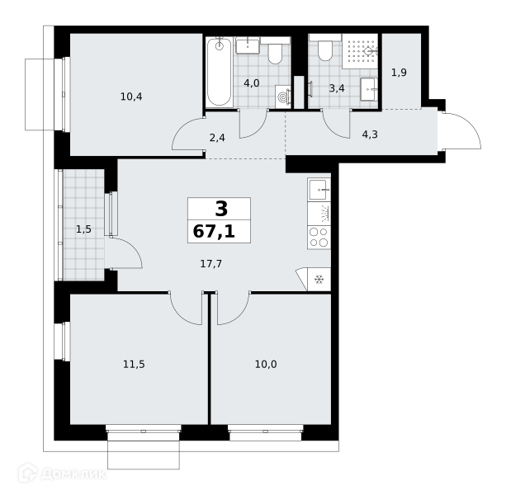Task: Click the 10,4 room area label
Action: [131, 97]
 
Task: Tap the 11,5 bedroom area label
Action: [134, 365]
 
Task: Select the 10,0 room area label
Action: [266, 365]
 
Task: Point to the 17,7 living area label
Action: [211, 264]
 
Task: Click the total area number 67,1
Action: [214, 232]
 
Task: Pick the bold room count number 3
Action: [221, 209]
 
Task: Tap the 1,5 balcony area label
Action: [83, 229]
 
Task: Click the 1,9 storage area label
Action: [399, 73]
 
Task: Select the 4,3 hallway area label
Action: [370, 134]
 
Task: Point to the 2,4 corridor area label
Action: [217, 138]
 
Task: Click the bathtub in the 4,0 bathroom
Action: [219, 73]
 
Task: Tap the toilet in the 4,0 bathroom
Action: [275, 51]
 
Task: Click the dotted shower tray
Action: [360, 51]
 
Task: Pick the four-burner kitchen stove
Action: [319, 238]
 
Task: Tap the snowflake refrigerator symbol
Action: [319, 280]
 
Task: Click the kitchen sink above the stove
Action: [319, 190]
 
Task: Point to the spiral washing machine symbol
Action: [283, 97]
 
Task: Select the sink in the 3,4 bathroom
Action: [369, 89]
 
